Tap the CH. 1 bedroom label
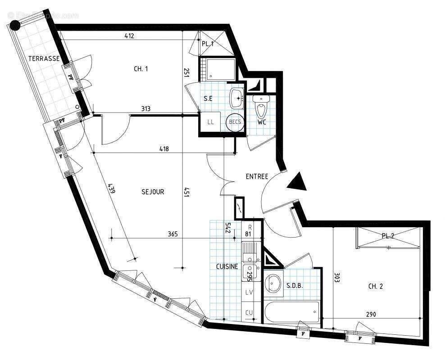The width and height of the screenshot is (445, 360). tap(141, 69)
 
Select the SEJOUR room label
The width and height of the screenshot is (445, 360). tap(153, 192)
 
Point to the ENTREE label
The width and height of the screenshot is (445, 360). tap(257, 176)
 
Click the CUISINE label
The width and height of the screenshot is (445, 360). tap(227, 266)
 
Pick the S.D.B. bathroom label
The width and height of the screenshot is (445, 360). tap(295, 286)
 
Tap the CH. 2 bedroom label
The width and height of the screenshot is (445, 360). tap(378, 286)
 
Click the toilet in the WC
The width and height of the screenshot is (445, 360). tap(261, 108)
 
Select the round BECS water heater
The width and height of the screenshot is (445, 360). tap(235, 122)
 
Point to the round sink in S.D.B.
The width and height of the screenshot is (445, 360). tap(273, 283)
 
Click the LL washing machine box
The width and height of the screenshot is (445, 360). tap(210, 122)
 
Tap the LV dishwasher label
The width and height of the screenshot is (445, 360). tap(249, 292)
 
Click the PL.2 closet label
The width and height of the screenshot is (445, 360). tap(388, 235)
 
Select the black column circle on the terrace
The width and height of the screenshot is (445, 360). tap(14, 25)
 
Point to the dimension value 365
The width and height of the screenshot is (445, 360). tap(173, 234)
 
